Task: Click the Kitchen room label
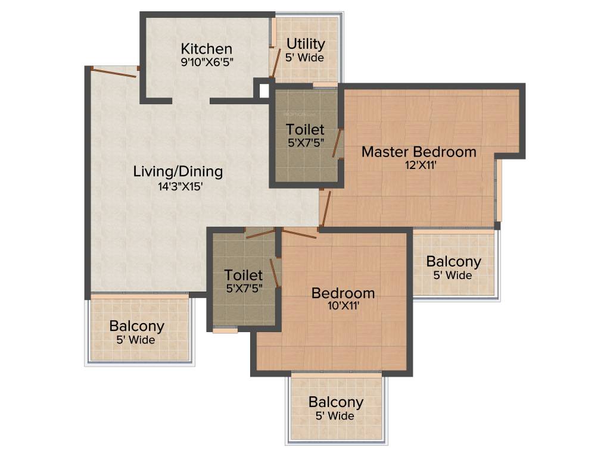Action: [x=206, y=49]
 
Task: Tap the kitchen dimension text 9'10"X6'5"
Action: [x=206, y=62]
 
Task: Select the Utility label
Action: [x=306, y=44]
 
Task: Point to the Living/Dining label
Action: [x=178, y=172]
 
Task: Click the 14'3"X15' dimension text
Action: [x=178, y=186]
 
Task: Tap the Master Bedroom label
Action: [x=419, y=152]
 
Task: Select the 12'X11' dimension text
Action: [x=419, y=165]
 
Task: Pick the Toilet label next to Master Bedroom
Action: [x=305, y=130]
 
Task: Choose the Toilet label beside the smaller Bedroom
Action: [x=243, y=276]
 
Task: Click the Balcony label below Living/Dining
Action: [x=136, y=327]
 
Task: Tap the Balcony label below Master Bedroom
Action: [x=453, y=262]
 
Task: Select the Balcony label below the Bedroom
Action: [x=335, y=402]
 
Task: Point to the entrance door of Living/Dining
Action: [x=113, y=72]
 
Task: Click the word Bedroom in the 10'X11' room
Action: [x=343, y=293]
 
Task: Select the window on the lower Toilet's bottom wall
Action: [x=225, y=330]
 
